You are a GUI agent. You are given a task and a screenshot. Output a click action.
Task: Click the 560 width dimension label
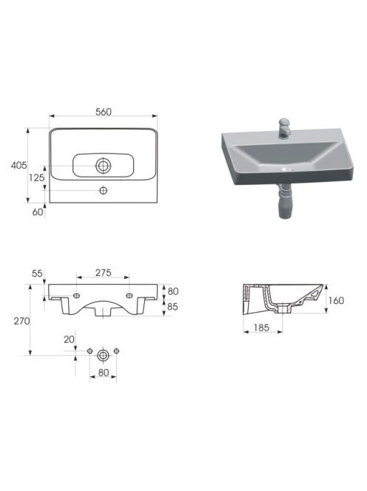(104, 112)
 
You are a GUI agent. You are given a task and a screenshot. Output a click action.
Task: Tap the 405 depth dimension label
(18, 165)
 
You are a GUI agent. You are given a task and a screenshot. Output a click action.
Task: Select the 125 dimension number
(36, 177)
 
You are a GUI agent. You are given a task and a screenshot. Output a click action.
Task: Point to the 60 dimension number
(37, 212)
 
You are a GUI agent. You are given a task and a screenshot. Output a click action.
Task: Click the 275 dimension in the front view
(104, 273)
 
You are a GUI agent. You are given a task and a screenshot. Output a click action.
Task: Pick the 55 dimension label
(37, 274)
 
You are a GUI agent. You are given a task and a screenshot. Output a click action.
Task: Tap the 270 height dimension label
(21, 321)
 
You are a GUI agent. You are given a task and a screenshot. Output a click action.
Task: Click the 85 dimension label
(172, 307)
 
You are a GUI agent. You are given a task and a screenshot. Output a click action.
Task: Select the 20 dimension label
(69, 339)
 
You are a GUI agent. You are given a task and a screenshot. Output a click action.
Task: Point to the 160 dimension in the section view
(336, 301)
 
